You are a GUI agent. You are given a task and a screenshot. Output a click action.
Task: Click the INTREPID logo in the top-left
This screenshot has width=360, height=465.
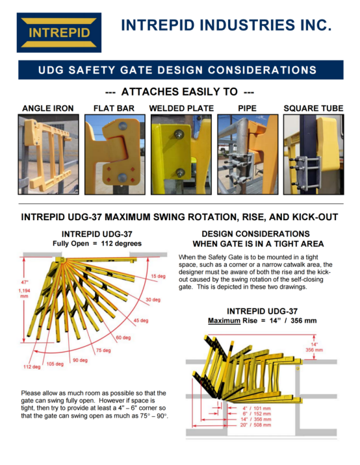59,32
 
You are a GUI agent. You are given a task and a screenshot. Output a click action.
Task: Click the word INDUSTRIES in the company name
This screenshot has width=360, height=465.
247,25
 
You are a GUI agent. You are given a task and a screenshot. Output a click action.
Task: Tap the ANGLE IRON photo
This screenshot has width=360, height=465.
48,155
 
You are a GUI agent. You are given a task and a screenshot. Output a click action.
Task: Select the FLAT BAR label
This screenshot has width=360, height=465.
114,108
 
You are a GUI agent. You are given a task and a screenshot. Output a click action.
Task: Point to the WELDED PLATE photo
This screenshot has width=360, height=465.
181,155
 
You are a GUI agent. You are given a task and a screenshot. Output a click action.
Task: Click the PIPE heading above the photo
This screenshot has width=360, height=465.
247,108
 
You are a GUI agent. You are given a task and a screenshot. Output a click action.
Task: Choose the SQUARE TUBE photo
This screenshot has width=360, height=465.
314,155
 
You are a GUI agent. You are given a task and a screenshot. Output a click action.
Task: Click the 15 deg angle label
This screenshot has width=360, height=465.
158,276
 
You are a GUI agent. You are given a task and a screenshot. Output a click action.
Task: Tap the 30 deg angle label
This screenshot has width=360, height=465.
153,300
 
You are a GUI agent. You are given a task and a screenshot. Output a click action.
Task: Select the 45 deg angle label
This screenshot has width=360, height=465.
140,321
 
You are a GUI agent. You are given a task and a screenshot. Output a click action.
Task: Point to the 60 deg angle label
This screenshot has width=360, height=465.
123,338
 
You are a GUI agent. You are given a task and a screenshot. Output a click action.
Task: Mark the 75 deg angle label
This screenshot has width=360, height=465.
103,350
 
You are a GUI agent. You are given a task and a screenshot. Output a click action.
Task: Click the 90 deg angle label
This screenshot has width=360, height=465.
80,360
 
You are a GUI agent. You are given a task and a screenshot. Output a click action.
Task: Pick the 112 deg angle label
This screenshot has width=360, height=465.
32,367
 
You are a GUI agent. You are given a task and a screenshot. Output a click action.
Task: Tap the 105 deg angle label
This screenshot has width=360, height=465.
55,364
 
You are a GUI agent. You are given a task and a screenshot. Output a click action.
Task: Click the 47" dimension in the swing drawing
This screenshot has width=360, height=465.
25,283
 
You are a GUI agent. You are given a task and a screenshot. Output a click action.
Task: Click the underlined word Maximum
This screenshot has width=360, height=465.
224,321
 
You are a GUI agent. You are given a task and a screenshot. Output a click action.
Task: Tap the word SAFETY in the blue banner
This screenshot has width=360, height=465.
92,70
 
